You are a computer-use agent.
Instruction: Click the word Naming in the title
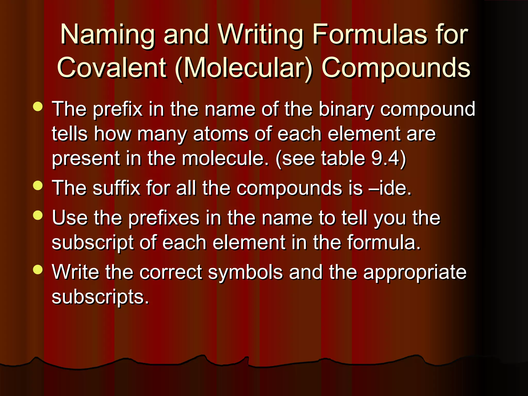pos(108,35)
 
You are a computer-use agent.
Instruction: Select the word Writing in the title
pos(261,35)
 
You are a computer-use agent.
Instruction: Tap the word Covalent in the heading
pos(112,68)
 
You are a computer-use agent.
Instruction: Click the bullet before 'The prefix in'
pos(38,107)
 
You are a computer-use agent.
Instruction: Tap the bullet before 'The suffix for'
pos(38,186)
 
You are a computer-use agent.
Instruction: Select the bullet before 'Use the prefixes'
pos(38,216)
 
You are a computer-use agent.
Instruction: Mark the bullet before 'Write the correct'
pos(38,270)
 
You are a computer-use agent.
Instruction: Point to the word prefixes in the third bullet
pos(164,218)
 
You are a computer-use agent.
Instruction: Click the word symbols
pos(245,272)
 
